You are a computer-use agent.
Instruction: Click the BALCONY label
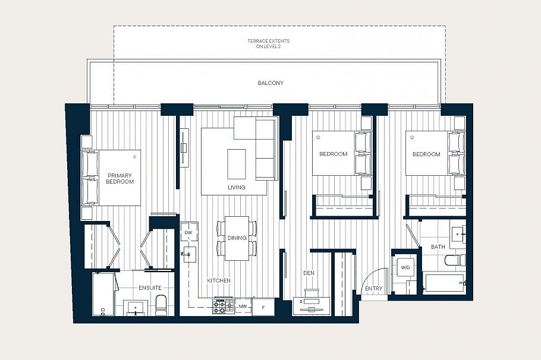[270, 83]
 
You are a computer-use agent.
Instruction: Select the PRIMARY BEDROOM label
[119, 178]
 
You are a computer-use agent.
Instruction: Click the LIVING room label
[237, 187]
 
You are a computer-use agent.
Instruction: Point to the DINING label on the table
[237, 238]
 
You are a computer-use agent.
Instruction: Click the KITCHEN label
[218, 280]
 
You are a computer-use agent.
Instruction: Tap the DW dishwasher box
[188, 232]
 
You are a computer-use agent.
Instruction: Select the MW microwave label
[243, 307]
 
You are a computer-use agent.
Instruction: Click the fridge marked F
[263, 307]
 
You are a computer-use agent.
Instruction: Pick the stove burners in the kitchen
[223, 307]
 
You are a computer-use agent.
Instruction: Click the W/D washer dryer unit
[405, 268]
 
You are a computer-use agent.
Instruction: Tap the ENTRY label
[374, 289]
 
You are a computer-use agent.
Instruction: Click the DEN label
[309, 273]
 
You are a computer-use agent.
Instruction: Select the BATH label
[438, 247]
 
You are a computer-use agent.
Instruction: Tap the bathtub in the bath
[445, 283]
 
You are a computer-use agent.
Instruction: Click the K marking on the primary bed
[134, 156]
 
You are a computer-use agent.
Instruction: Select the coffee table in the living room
[237, 163]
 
